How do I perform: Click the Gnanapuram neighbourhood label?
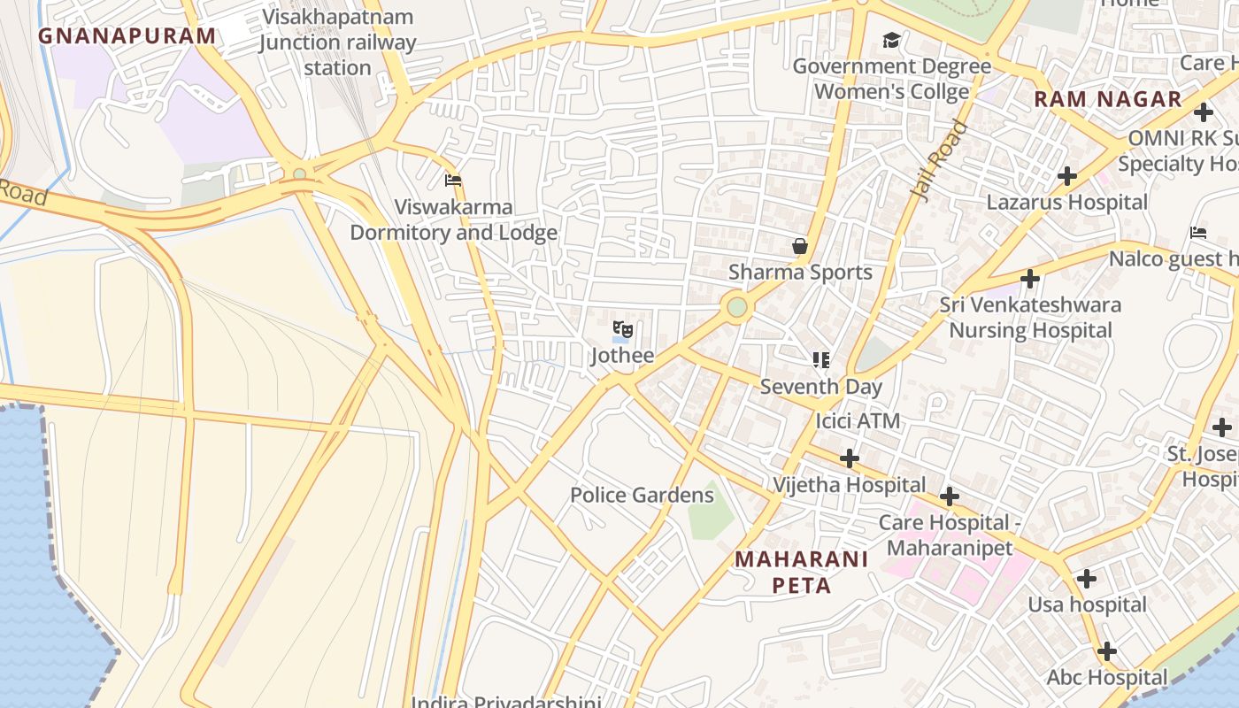[x=127, y=36]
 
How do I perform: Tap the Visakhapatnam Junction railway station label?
[x=337, y=42]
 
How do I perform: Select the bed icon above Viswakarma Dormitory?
[x=453, y=181]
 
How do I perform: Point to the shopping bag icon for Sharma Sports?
[x=800, y=246]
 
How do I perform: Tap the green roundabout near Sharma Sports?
[x=737, y=307]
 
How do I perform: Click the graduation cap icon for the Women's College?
[x=891, y=40]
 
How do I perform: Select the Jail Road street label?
[x=940, y=162]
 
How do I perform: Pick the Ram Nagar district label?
[x=1108, y=99]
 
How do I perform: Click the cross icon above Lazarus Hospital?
[x=1067, y=175]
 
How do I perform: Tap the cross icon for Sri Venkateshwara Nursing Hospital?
[x=1029, y=279]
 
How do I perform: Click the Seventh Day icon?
[x=821, y=360]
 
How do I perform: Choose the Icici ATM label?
[x=858, y=421]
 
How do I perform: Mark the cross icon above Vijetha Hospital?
[x=849, y=458]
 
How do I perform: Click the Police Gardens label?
[x=642, y=495]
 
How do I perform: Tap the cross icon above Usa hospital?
[x=1086, y=579]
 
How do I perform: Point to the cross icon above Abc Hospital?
[x=1106, y=651]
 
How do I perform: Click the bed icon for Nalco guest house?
[x=1198, y=233]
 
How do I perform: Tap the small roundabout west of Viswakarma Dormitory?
[x=300, y=173]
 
